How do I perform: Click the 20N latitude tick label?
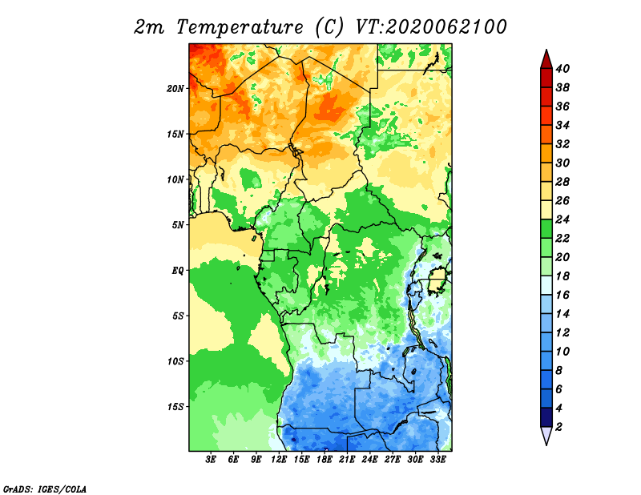click(175, 89)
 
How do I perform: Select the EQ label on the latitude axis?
click(177, 271)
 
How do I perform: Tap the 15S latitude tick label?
click(175, 407)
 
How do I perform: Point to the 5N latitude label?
click(178, 225)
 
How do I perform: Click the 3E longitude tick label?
click(211, 460)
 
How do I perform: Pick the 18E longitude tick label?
click(325, 460)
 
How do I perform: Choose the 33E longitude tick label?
click(437, 460)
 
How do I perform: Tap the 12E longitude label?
click(279, 460)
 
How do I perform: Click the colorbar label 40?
click(562, 69)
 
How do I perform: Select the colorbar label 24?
click(562, 219)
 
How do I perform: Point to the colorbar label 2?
click(558, 427)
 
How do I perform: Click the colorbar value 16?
click(562, 295)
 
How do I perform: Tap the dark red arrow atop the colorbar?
click(546, 59)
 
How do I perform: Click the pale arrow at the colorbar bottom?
click(546, 436)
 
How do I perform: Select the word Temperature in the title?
click(240, 27)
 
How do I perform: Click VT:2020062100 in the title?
click(431, 27)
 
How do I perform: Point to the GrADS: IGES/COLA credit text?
click(45, 489)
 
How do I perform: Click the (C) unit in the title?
click(329, 27)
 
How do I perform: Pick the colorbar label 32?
click(562, 144)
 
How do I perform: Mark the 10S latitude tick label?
click(175, 361)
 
